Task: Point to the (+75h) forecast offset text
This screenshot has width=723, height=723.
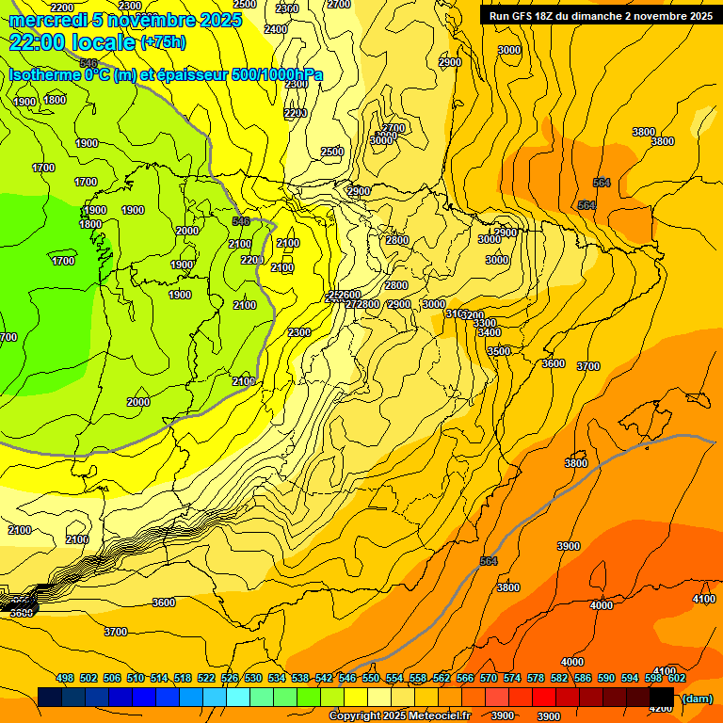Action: pyautogui.click(x=162, y=42)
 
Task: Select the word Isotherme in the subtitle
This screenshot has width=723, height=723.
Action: pyautogui.click(x=45, y=74)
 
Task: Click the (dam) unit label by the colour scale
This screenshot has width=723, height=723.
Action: pyautogui.click(x=696, y=698)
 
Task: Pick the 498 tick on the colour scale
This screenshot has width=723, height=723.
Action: pyautogui.click(x=65, y=678)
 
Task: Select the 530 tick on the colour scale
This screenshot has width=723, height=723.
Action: pyautogui.click(x=253, y=678)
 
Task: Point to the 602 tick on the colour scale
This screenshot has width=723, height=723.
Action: pyautogui.click(x=677, y=678)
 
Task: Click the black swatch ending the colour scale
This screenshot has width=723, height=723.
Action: pyautogui.click(x=662, y=697)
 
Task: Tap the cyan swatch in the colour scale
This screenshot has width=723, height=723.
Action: pyautogui.click(x=238, y=697)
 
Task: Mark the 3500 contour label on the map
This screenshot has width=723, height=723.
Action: pyautogui.click(x=499, y=351)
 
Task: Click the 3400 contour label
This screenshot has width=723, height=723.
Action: pyautogui.click(x=489, y=332)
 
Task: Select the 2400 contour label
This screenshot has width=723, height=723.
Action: pyautogui.click(x=276, y=29)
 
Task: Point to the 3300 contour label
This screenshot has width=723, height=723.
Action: pyautogui.click(x=485, y=323)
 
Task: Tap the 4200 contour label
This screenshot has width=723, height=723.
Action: pyautogui.click(x=662, y=708)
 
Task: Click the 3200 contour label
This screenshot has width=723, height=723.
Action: pyautogui.click(x=474, y=315)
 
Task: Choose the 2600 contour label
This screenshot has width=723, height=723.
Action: pyautogui.click(x=349, y=295)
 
